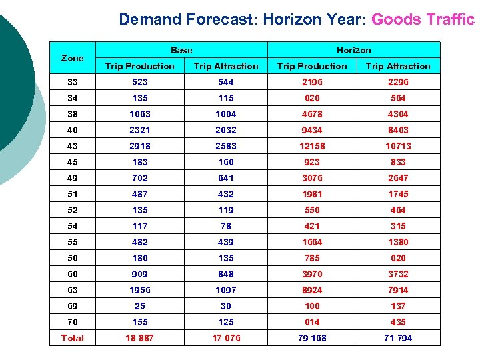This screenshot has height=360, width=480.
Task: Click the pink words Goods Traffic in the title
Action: [x=423, y=19]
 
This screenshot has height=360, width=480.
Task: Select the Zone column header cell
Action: [x=72, y=58]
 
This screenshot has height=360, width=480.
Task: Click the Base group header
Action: [x=181, y=50]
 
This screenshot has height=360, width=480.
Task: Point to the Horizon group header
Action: [x=354, y=50]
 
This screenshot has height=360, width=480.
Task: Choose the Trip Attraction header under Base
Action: [x=226, y=66]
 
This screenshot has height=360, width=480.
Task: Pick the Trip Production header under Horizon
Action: [x=312, y=66]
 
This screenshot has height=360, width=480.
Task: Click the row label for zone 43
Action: [x=72, y=146]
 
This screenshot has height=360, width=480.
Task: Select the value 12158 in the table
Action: [x=312, y=146]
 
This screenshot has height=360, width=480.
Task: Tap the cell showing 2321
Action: [x=140, y=130]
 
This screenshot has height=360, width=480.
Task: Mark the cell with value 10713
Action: [x=398, y=146]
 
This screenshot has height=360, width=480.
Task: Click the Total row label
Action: [x=72, y=338]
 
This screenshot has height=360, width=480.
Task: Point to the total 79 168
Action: [x=312, y=338]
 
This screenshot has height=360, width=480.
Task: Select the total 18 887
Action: [x=140, y=338]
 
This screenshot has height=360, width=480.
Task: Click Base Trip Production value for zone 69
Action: [x=140, y=306]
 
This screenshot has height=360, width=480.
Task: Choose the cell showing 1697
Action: [x=226, y=290]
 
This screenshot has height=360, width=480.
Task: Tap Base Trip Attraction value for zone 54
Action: [x=226, y=226]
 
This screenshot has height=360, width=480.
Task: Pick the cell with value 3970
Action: [x=312, y=274]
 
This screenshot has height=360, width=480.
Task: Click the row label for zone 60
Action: [x=72, y=274]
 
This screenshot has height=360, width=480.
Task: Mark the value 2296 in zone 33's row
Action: [x=398, y=82]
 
